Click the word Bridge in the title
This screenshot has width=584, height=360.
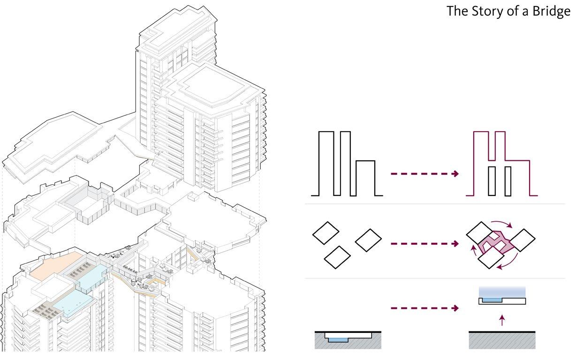coord(550,11)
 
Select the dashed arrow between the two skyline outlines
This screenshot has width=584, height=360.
coord(425,174)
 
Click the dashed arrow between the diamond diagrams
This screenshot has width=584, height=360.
coord(425,244)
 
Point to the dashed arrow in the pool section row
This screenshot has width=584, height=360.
coord(425,308)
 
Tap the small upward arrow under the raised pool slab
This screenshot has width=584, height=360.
coord(502,321)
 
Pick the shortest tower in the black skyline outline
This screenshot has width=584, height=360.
coord(365,178)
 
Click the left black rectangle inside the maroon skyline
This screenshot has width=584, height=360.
coord(491,181)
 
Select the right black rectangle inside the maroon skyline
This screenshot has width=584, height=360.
coord(508,181)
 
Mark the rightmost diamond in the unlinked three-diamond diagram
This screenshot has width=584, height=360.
coord(368,240)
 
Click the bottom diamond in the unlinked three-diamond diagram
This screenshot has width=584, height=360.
coord(337,257)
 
